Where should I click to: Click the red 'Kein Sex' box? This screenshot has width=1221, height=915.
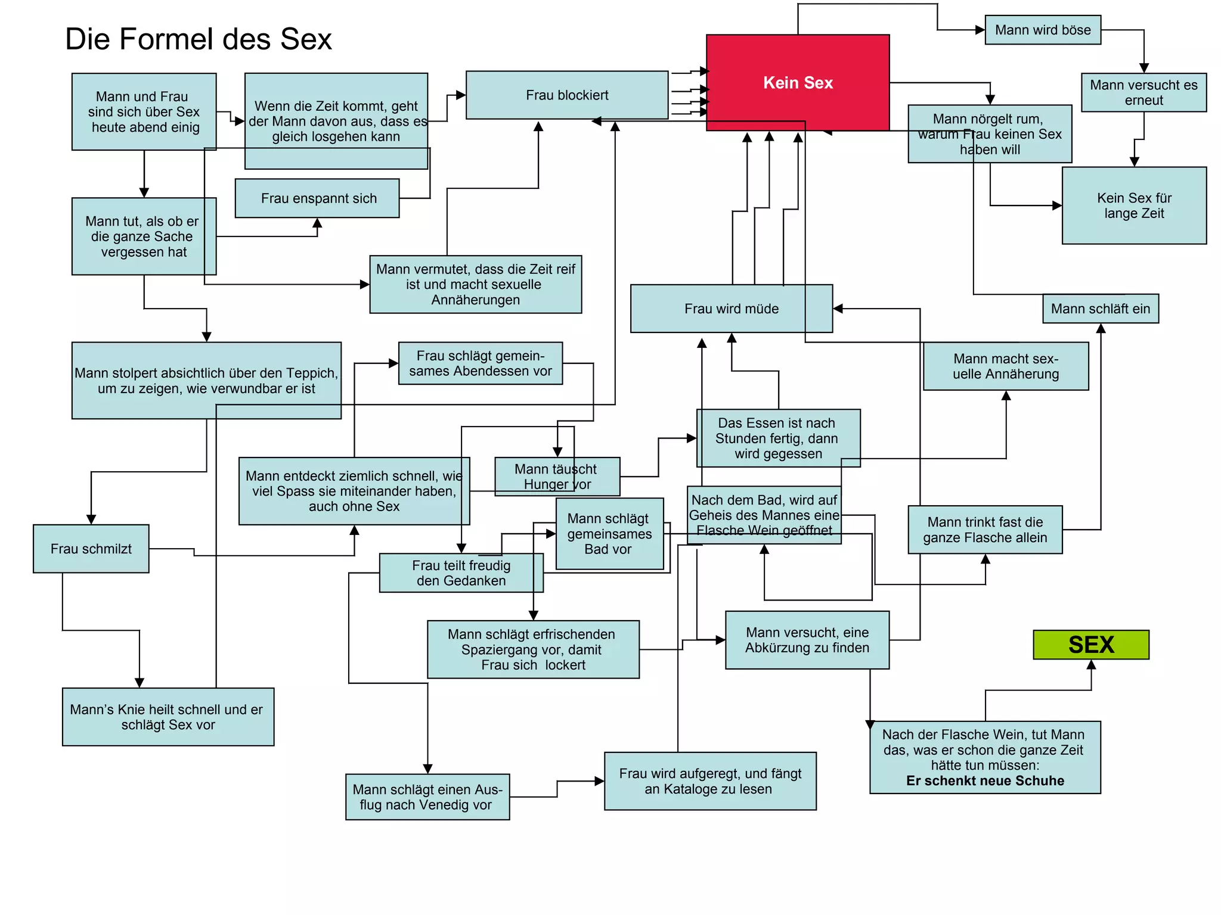click(797, 82)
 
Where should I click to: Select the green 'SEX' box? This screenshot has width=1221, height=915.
click(1090, 645)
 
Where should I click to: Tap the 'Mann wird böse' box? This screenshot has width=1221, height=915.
click(1042, 30)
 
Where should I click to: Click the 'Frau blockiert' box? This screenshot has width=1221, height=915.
click(566, 95)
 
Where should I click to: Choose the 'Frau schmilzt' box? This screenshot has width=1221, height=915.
click(91, 549)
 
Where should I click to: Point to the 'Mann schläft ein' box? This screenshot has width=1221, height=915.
click(1100, 309)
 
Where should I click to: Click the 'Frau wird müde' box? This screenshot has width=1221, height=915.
click(731, 309)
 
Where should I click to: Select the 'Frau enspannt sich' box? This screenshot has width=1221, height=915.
click(317, 198)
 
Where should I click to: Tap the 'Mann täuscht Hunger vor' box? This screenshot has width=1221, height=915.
click(557, 477)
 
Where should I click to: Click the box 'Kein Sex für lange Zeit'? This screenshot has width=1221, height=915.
click(1133, 206)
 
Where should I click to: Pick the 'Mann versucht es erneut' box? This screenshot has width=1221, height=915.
click(1143, 92)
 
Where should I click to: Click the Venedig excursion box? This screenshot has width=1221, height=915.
click(427, 796)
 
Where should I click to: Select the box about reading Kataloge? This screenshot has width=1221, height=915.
click(709, 781)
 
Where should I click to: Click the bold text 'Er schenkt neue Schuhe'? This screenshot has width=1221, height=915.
click(984, 780)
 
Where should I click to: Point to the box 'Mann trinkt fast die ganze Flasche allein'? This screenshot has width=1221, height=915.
click(984, 530)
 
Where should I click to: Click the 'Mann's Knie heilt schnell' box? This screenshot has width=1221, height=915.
click(168, 717)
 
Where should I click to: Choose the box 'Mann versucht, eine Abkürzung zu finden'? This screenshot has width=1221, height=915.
click(807, 640)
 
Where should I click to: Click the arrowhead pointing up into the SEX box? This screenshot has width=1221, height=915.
click(1091, 665)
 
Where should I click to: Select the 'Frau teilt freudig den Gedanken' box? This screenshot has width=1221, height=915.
click(460, 573)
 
